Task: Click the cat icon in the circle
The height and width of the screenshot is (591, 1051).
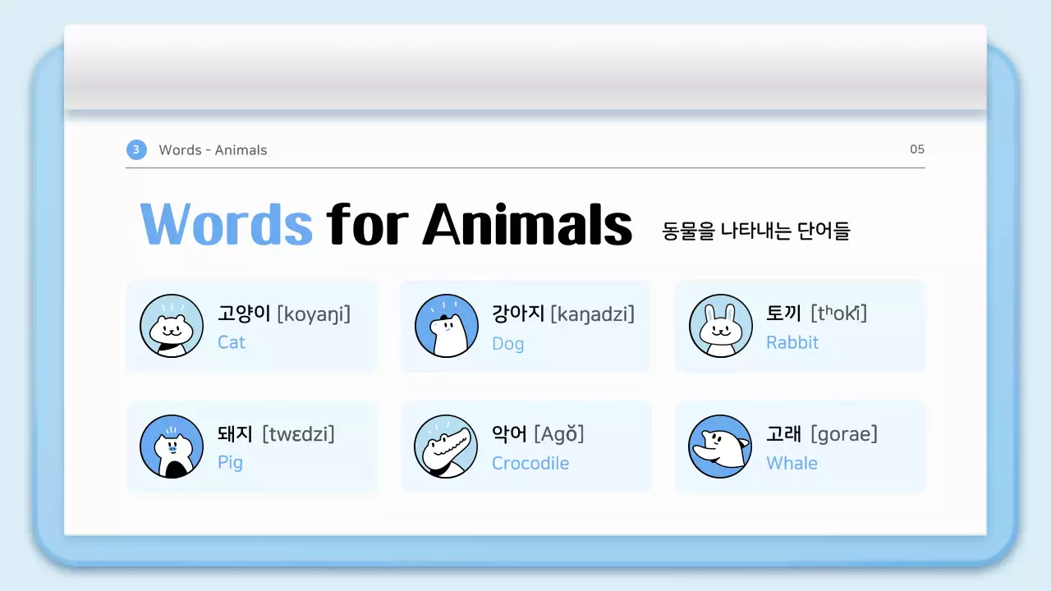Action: click(172, 326)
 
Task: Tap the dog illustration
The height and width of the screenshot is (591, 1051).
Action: click(446, 326)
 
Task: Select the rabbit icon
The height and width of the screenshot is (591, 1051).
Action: click(720, 326)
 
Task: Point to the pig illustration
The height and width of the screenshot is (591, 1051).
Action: click(172, 447)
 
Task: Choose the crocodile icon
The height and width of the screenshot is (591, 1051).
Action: click(446, 447)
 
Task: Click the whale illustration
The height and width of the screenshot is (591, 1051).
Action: click(720, 447)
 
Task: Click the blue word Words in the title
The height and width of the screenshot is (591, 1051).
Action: click(227, 223)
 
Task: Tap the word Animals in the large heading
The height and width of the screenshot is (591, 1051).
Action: click(527, 223)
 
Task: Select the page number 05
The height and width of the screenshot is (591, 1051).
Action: click(917, 149)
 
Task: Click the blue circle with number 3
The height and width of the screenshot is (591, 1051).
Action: click(136, 149)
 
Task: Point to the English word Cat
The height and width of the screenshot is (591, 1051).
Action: click(232, 342)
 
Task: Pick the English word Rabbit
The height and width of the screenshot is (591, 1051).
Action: click(792, 342)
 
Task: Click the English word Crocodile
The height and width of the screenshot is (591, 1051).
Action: click(530, 463)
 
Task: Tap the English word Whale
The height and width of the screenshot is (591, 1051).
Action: click(792, 463)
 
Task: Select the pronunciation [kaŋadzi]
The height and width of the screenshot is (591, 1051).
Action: click(592, 314)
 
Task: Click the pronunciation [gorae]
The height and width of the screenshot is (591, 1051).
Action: click(844, 434)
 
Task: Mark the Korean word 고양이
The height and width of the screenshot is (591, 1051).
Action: click(244, 314)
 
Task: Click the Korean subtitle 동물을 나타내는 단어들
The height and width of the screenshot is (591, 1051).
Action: click(756, 231)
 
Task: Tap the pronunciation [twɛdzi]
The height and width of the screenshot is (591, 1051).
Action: click(298, 434)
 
